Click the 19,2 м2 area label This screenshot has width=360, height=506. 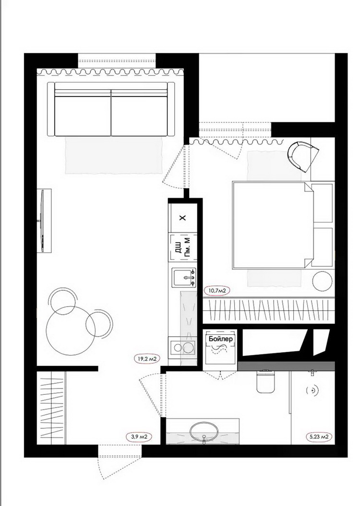pyautogui.click(x=147, y=359)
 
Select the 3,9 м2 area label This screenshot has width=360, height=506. pyautogui.click(x=139, y=437)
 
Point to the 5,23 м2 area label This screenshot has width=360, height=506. pyautogui.click(x=319, y=437)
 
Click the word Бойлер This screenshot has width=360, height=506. pyautogui.click(x=220, y=339)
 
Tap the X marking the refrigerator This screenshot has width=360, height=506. pyautogui.click(x=183, y=218)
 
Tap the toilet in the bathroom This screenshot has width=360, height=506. pyautogui.click(x=265, y=381)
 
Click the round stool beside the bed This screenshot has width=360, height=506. pyautogui.click(x=322, y=281)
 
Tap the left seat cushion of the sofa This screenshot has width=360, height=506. pyautogui.click(x=83, y=116)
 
